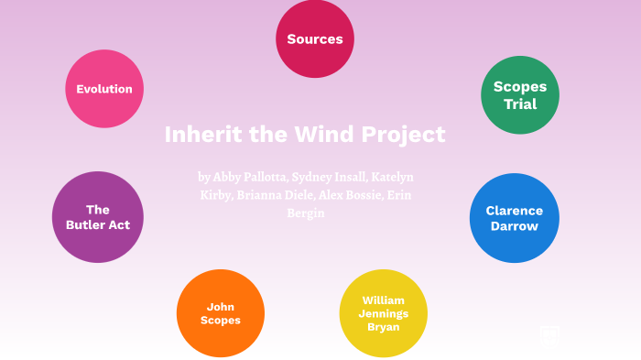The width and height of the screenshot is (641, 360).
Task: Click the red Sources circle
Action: point(315,39)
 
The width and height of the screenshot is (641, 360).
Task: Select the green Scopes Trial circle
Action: point(520,95)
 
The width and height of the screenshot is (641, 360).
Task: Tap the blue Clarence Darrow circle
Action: point(514,218)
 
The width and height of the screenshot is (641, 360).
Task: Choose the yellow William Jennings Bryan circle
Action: point(383,313)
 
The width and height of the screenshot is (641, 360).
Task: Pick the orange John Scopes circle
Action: point(221,313)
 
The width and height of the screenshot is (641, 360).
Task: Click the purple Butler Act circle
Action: point(98,217)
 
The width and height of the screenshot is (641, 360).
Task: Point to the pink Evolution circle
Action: point(104,89)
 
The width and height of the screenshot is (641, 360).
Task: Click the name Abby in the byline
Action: point(230,176)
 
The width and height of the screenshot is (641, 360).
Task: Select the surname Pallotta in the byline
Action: point(266,176)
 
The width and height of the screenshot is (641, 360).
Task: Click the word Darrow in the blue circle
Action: point(514,226)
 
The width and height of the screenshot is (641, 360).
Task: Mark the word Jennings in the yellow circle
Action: point(383,313)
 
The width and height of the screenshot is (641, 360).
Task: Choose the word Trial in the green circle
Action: point(520,104)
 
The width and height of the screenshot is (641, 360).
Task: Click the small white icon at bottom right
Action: point(549,336)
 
